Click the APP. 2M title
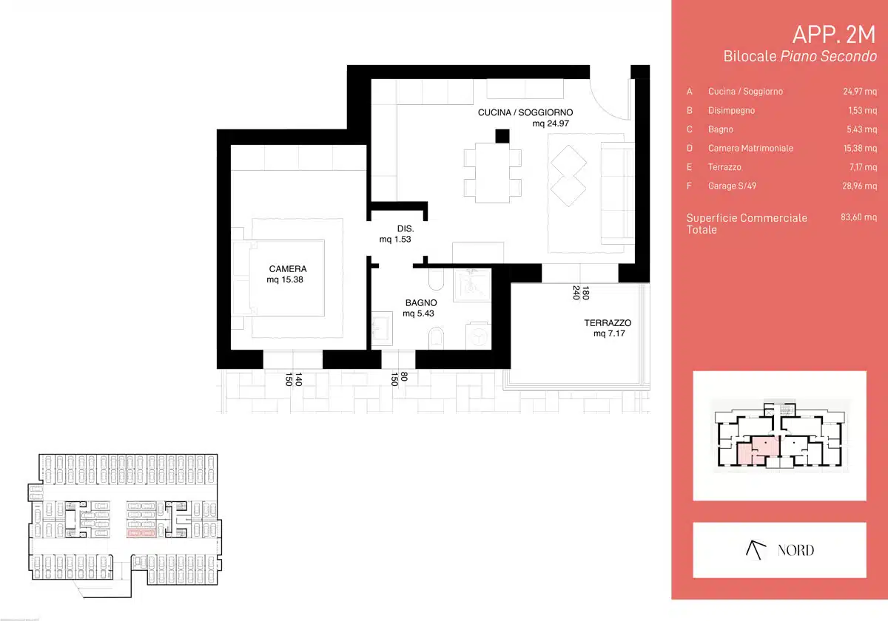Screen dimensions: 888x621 tap(834, 35)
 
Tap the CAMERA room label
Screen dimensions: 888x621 tap(288, 269)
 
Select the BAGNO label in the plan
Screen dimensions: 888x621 tap(421, 303)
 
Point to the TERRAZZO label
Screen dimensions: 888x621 tap(608, 323)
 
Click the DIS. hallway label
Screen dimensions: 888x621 tap(406, 228)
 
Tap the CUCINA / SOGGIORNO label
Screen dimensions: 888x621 tap(525, 112)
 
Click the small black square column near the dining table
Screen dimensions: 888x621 tap(502, 136)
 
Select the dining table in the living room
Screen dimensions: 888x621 tap(492, 173)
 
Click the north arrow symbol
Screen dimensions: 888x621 tap(756, 550)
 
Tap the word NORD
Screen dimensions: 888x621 tap(795, 551)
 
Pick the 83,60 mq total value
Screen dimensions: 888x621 tap(858, 217)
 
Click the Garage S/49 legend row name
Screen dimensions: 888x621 tap(732, 186)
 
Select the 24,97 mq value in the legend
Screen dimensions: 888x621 tap(860, 92)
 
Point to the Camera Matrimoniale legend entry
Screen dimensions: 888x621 tap(750, 149)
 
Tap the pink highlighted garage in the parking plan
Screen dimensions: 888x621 tap(141, 534)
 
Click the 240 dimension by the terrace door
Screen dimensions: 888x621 tap(576, 293)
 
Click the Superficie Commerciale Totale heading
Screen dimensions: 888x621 tap(747, 224)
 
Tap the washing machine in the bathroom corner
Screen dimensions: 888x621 tap(478, 336)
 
